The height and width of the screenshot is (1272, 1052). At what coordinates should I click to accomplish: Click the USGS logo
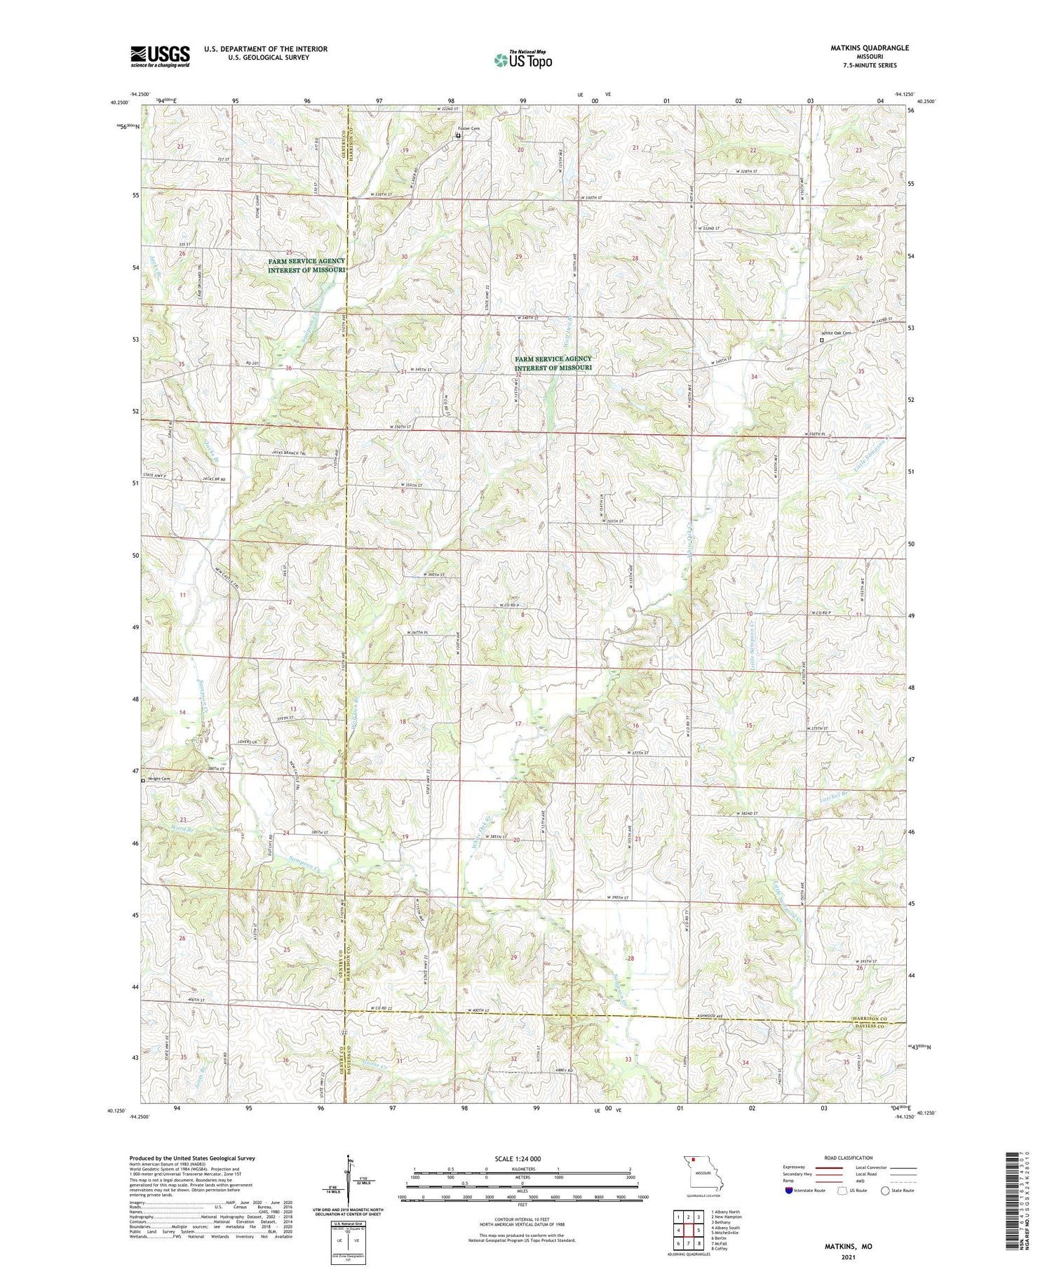point(160,55)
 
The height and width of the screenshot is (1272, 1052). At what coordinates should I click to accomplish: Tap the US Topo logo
point(523,60)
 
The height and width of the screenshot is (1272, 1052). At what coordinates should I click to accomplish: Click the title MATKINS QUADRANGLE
point(869,48)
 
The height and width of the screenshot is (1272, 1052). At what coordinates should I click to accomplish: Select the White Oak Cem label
point(837,333)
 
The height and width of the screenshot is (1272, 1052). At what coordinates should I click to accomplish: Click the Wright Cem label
point(159,779)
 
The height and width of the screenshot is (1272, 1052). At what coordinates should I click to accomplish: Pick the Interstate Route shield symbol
point(789,1191)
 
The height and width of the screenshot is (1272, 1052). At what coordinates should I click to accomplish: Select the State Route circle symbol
point(885,1191)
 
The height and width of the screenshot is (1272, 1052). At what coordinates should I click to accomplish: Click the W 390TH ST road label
point(618,898)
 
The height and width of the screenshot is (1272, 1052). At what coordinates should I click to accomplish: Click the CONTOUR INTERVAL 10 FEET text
point(521,1220)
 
